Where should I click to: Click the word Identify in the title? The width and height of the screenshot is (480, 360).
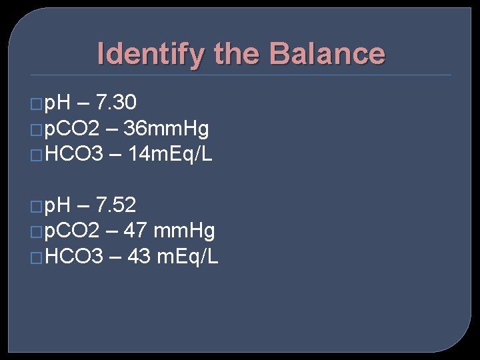(150, 54)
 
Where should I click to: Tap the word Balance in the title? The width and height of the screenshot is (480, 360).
(327, 54)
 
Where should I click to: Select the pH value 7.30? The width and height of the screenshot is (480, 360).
(117, 103)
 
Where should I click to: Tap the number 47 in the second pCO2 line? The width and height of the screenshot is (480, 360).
(135, 231)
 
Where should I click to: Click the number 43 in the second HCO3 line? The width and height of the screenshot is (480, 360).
(138, 257)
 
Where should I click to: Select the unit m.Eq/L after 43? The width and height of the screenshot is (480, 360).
(187, 257)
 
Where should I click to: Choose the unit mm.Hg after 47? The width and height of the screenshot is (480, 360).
(184, 231)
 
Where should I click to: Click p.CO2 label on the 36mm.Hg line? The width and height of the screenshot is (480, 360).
(73, 129)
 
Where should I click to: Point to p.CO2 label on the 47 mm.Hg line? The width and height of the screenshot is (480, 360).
(73, 231)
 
